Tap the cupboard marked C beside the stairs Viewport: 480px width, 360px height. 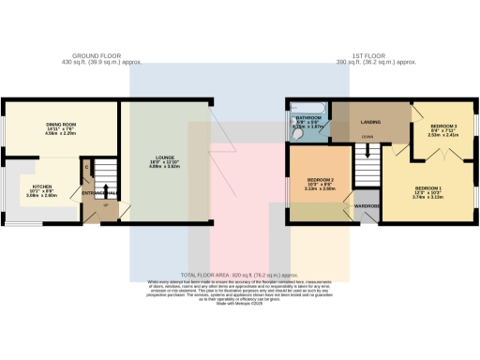pyautogui.click(x=86, y=168)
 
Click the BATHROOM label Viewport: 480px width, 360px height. pyautogui.click(x=310, y=117)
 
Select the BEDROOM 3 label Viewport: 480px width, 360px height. pyautogui.click(x=443, y=125)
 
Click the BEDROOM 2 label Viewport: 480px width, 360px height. pyautogui.click(x=322, y=178)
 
